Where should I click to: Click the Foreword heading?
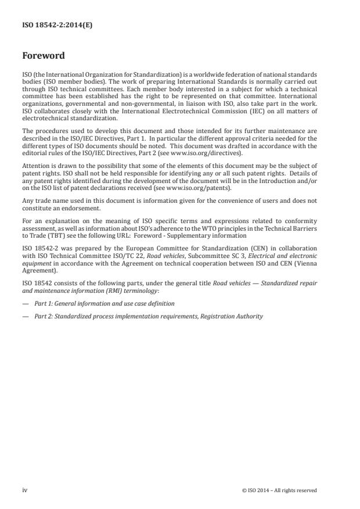tap(44, 56)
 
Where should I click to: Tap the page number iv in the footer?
tap(25, 490)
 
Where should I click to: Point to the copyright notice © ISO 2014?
tap(279, 490)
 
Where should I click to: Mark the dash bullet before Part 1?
tap(26, 303)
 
